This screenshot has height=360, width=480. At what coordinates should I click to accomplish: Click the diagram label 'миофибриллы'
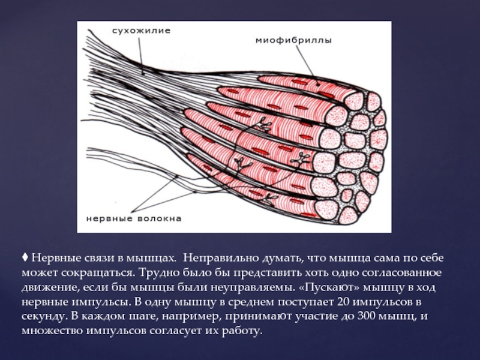(x=294, y=40)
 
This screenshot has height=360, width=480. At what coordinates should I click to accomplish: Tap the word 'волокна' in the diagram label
(x=158, y=218)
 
